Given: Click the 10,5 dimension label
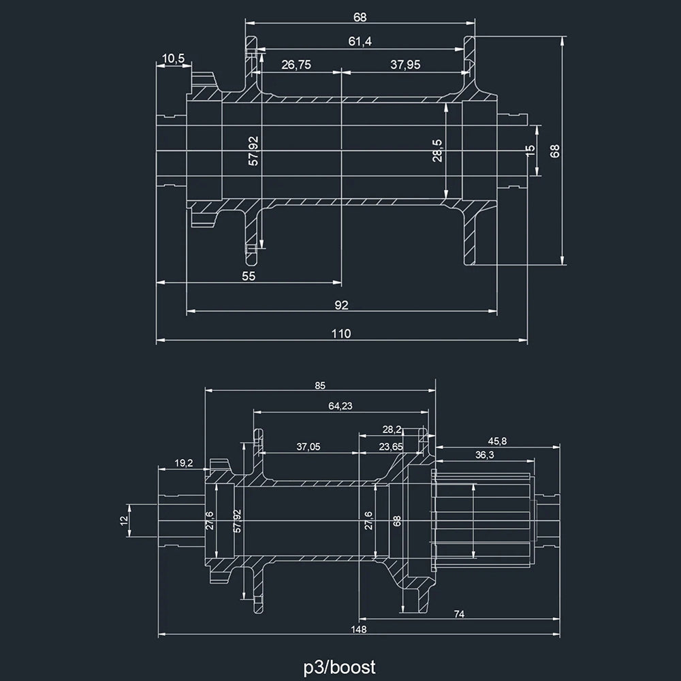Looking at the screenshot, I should point(174,59).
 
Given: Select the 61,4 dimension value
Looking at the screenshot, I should point(360,42).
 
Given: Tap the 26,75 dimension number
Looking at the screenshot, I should point(296,65).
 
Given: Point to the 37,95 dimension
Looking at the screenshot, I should point(405,65).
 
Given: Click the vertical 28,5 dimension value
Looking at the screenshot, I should point(437,151).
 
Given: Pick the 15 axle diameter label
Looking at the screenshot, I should point(531,151).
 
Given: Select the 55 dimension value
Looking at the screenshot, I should point(249,276).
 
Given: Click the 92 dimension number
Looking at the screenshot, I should point(341,305).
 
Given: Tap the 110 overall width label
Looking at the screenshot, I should point(341,333).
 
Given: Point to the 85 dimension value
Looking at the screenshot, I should point(320,385).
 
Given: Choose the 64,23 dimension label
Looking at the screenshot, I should point(340,406).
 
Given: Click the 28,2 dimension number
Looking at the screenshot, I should point(392,429).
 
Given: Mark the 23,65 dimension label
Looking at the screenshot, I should point(391,447).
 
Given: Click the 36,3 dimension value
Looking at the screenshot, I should point(484,454).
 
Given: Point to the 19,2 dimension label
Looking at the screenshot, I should point(184,463).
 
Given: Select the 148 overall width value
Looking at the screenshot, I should point(360,629).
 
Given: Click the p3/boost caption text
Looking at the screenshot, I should point(340,665).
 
